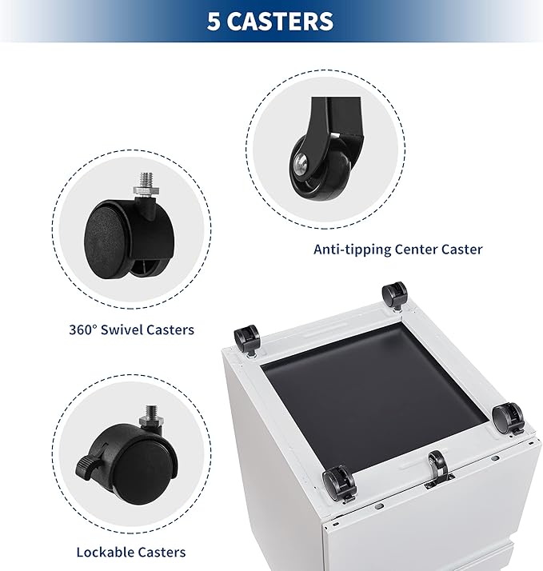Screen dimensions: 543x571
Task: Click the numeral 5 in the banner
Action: (x=214, y=21)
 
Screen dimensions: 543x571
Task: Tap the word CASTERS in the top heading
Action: (x=281, y=21)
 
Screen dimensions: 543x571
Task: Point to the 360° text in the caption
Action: (x=83, y=329)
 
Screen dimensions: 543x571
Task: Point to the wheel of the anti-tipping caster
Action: (x=321, y=168)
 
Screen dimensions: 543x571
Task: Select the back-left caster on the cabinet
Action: (x=246, y=339)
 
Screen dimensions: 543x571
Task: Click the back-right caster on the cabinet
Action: (x=394, y=296)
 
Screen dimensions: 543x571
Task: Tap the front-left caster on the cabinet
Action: (x=339, y=482)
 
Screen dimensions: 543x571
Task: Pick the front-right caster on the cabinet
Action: (x=508, y=418)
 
